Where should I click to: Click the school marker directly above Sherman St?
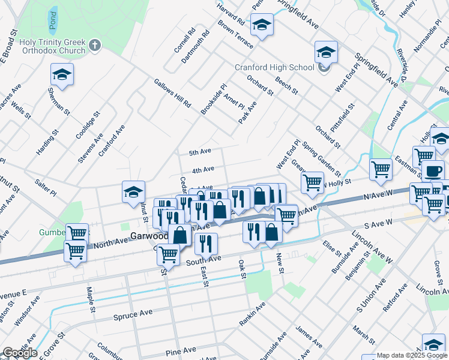(61, 75)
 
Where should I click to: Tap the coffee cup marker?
(433, 170)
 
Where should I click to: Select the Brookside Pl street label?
(214, 99)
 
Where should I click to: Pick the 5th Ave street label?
(200, 152)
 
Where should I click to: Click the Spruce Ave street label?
(133, 314)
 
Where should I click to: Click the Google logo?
(20, 353)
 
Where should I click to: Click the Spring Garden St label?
(321, 155)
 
